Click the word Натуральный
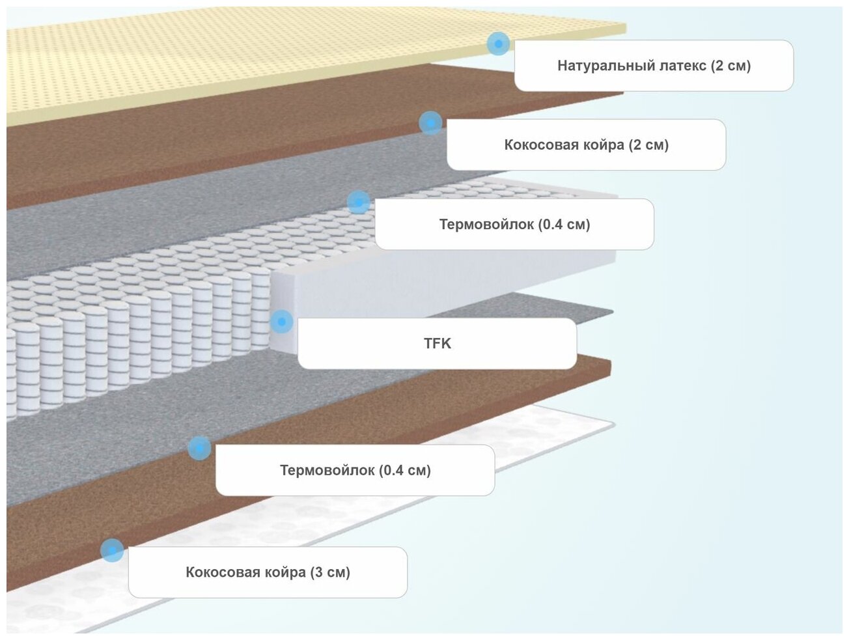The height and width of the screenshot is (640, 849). (597, 66)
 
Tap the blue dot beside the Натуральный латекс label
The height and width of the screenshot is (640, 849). (498, 44)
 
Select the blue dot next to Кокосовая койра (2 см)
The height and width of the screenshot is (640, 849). (430, 122)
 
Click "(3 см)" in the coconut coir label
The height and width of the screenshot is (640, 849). (330, 572)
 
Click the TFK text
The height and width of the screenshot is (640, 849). (438, 343)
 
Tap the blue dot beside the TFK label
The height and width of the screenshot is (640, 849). (281, 321)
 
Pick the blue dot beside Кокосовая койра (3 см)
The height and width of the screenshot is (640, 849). (112, 550)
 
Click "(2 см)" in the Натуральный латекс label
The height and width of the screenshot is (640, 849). (731, 66)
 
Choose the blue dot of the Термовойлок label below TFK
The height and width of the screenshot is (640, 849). (199, 447)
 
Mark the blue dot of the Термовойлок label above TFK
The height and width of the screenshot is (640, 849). (358, 202)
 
